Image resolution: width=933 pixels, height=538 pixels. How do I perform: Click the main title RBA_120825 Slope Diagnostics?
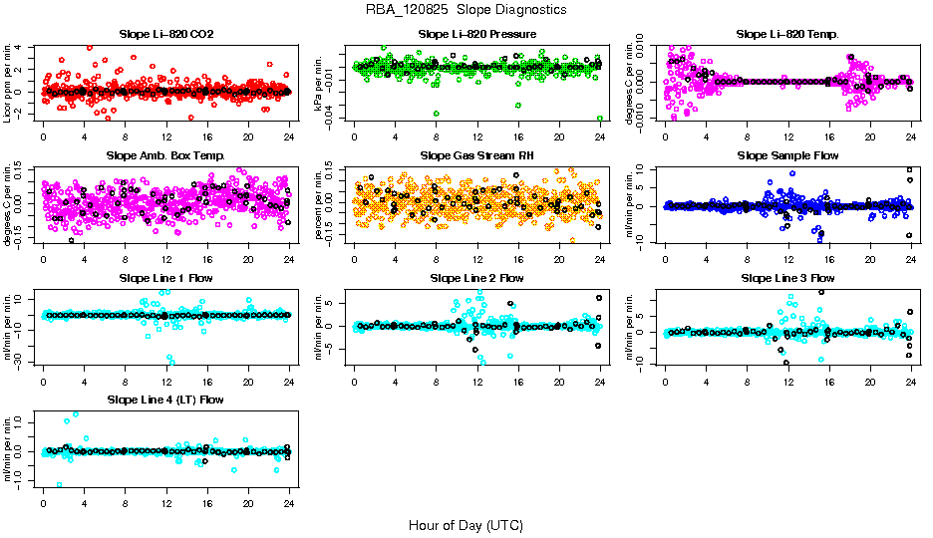[x=466, y=9]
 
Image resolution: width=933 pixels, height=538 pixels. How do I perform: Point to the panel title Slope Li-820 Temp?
[x=787, y=34]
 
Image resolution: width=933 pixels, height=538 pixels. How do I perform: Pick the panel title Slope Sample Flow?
[x=787, y=155]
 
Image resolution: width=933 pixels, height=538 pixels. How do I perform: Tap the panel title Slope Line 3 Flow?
[x=787, y=277]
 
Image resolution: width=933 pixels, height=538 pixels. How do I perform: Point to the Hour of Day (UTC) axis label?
[x=466, y=524]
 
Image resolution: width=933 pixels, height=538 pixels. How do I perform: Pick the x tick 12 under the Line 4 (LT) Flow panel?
[x=166, y=501]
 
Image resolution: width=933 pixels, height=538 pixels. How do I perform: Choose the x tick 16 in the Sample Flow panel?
[x=829, y=257]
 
